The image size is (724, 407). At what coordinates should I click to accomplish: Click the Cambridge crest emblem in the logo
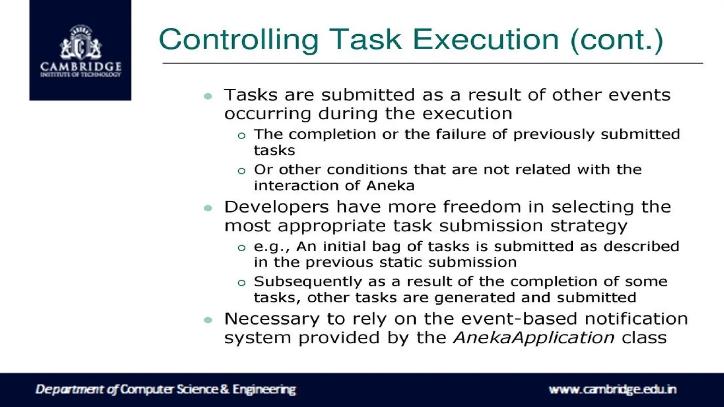tap(81, 43)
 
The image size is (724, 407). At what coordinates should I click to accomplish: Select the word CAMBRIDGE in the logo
tap(81, 66)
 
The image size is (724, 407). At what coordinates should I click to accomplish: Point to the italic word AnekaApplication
tap(534, 338)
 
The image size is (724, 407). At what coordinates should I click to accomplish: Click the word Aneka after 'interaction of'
tap(390, 186)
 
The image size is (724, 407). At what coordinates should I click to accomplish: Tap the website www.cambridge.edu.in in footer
tap(612, 389)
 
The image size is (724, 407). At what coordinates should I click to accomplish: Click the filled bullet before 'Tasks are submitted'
tap(208, 96)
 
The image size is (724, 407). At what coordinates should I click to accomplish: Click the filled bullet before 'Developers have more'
tap(208, 208)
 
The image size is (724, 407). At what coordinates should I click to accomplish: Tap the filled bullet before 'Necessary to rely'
tap(208, 320)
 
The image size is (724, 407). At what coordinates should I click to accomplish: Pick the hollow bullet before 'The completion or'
tap(241, 136)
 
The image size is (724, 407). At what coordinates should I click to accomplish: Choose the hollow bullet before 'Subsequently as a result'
tap(241, 283)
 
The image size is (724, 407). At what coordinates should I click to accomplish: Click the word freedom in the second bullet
tap(482, 207)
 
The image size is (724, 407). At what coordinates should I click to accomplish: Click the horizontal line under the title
tap(433, 64)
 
